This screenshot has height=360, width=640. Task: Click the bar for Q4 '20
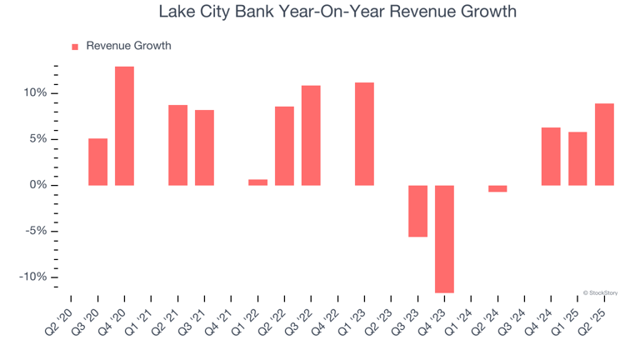tap(124, 126)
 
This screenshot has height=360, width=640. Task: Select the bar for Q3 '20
tap(97, 162)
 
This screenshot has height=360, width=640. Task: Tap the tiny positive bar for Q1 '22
tap(257, 182)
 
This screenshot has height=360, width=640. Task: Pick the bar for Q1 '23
tap(364, 133)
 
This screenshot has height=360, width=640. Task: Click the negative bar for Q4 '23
tap(444, 238)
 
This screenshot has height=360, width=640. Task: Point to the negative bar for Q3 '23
tap(417, 211)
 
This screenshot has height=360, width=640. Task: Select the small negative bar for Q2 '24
tap(497, 188)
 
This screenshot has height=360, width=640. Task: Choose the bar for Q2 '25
tap(604, 144)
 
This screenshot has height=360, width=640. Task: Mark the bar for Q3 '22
tap(311, 135)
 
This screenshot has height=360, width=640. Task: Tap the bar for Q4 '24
tap(551, 156)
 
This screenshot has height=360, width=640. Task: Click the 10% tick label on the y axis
tap(34, 92)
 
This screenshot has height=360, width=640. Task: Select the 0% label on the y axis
tap(37, 185)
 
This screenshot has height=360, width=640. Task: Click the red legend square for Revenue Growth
tap(75, 47)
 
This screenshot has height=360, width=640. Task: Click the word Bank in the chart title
tap(258, 12)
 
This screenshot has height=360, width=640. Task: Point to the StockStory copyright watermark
tap(600, 292)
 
